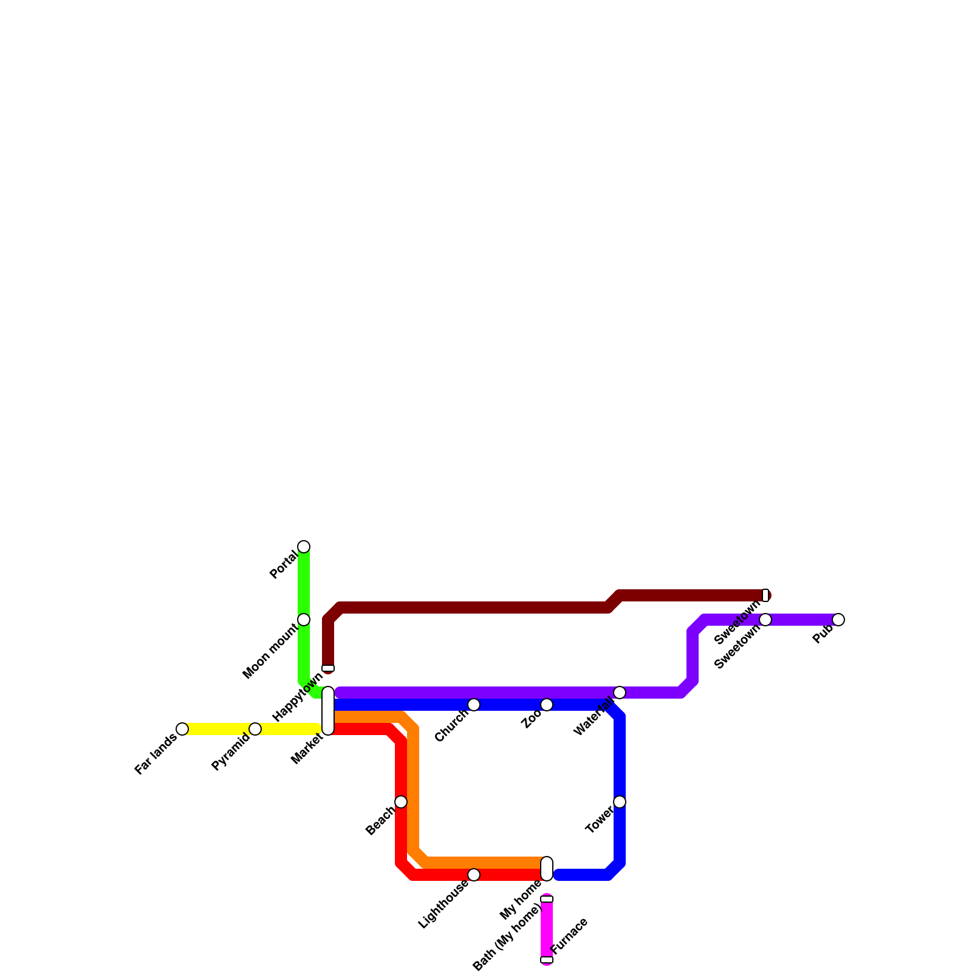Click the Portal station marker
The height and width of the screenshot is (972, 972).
[304, 547]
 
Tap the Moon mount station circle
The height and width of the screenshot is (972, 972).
[304, 620]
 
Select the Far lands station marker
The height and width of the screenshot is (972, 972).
[182, 729]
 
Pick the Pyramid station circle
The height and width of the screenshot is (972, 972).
[255, 729]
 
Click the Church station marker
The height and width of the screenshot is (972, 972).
[474, 705]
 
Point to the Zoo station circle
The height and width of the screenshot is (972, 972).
[547, 705]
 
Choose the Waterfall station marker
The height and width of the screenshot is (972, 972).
[620, 693]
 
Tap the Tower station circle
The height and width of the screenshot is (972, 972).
[620, 802]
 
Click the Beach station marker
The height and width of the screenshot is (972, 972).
[401, 802]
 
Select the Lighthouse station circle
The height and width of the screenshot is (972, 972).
[474, 875]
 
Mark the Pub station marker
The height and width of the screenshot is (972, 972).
[838, 620]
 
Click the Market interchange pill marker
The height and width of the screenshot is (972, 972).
[328, 711]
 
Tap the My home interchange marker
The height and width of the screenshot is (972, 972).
[547, 869]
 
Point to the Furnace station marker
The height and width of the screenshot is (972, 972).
[547, 960]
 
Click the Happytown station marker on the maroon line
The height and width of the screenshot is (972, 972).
[328, 668]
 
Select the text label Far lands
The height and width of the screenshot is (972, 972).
[156, 754]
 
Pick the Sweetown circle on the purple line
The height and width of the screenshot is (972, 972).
[765, 620]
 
